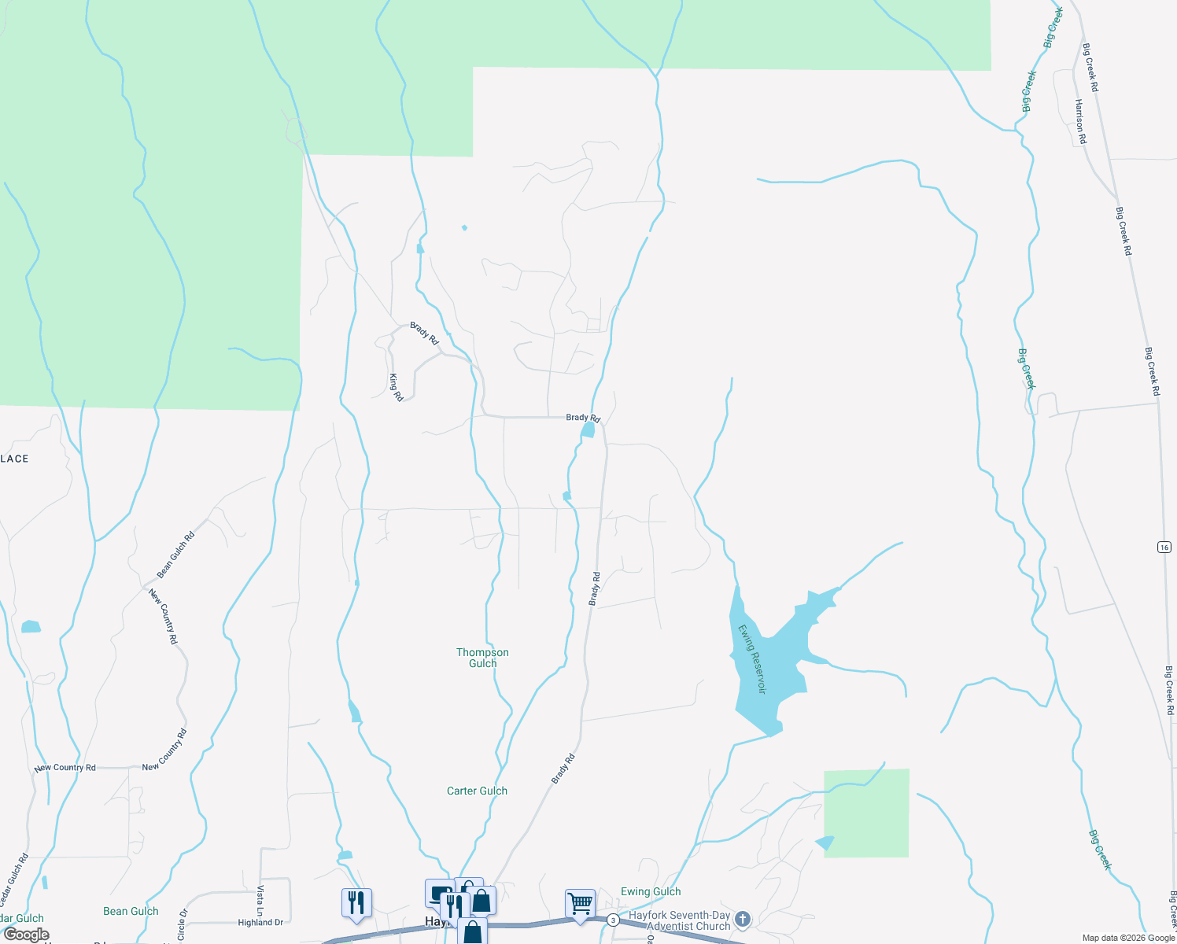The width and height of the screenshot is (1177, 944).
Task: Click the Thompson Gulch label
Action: pyautogui.click(x=482, y=658)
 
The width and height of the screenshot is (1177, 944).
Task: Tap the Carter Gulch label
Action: pyautogui.click(x=477, y=791)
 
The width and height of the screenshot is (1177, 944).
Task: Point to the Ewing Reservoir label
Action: pyautogui.click(x=751, y=658)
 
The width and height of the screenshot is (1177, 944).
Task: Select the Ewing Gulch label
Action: pyautogui.click(x=651, y=891)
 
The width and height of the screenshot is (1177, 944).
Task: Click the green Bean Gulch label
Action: pyautogui.click(x=131, y=911)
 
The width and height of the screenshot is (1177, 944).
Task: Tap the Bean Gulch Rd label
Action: pyautogui.click(x=175, y=555)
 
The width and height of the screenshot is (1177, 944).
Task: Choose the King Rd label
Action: pyautogui.click(x=396, y=387)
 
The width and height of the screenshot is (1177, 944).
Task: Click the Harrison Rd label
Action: pyautogui.click(x=1080, y=121)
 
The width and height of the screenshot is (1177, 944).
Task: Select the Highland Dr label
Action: pyautogui.click(x=260, y=922)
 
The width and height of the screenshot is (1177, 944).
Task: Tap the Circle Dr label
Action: pyautogui.click(x=182, y=925)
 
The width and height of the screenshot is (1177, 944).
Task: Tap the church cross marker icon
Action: pyautogui.click(x=742, y=918)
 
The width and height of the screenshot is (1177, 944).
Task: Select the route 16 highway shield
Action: pyautogui.click(x=1164, y=547)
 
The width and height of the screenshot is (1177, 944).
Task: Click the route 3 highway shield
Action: pyautogui.click(x=613, y=919)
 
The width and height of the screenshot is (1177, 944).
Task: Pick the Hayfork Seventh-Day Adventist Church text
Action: pyautogui.click(x=679, y=920)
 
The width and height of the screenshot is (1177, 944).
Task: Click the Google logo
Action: pyautogui.click(x=26, y=935)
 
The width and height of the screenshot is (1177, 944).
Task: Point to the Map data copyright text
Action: pyautogui.click(x=1128, y=938)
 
